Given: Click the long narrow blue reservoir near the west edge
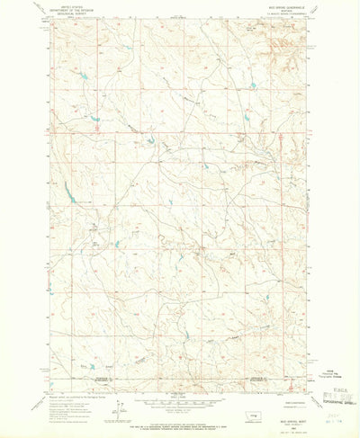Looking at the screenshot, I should tap(67, 191).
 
